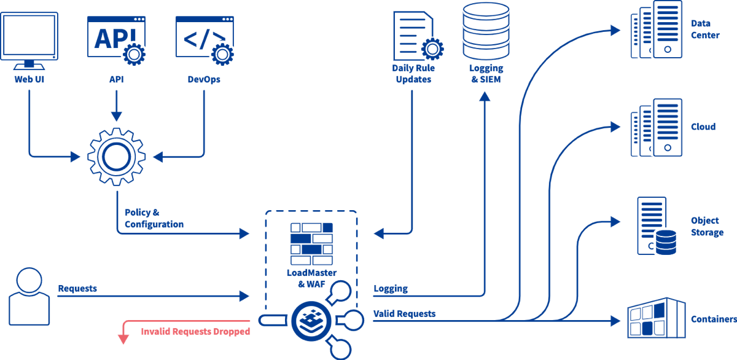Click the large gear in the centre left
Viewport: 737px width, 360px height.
coord(117,156)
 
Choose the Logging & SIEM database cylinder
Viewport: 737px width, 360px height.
coord(486,31)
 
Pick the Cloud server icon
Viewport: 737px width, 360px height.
coord(657,127)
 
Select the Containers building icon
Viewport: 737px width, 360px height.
coord(655,318)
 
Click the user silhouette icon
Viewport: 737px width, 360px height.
coord(29,296)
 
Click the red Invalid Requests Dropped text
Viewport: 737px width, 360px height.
coord(195,332)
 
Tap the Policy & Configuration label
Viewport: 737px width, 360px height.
coord(154,219)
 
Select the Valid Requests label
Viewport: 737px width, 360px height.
coord(404,314)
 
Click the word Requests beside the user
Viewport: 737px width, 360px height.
coord(77,288)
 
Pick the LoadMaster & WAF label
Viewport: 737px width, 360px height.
coord(311,278)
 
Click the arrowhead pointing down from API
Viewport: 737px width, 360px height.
coord(117,116)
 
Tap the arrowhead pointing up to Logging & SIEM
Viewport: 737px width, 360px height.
coord(486,96)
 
